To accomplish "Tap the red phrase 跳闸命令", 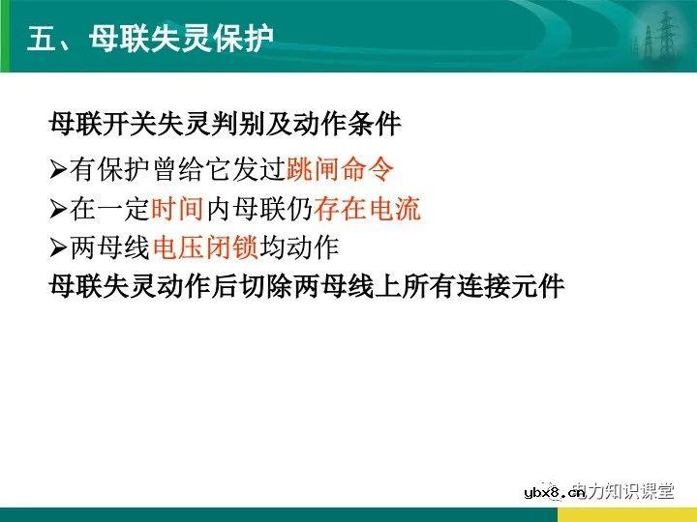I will [341, 169].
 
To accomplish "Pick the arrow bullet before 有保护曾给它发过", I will [58, 170].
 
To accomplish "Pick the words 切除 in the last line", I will [279, 287].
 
